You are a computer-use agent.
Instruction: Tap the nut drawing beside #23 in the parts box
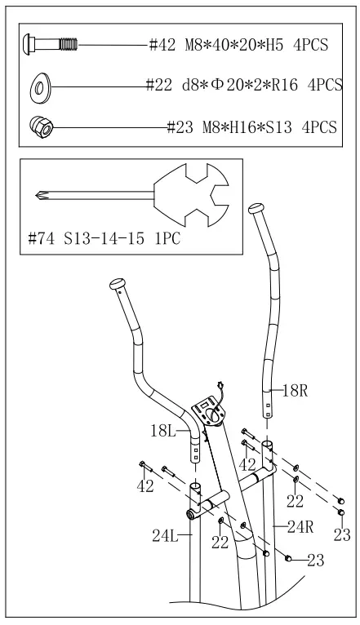tap(38, 126)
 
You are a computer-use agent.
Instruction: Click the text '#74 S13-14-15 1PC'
tap(104, 239)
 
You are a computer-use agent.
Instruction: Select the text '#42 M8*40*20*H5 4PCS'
tap(239, 45)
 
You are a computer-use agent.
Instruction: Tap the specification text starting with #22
tap(242, 84)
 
